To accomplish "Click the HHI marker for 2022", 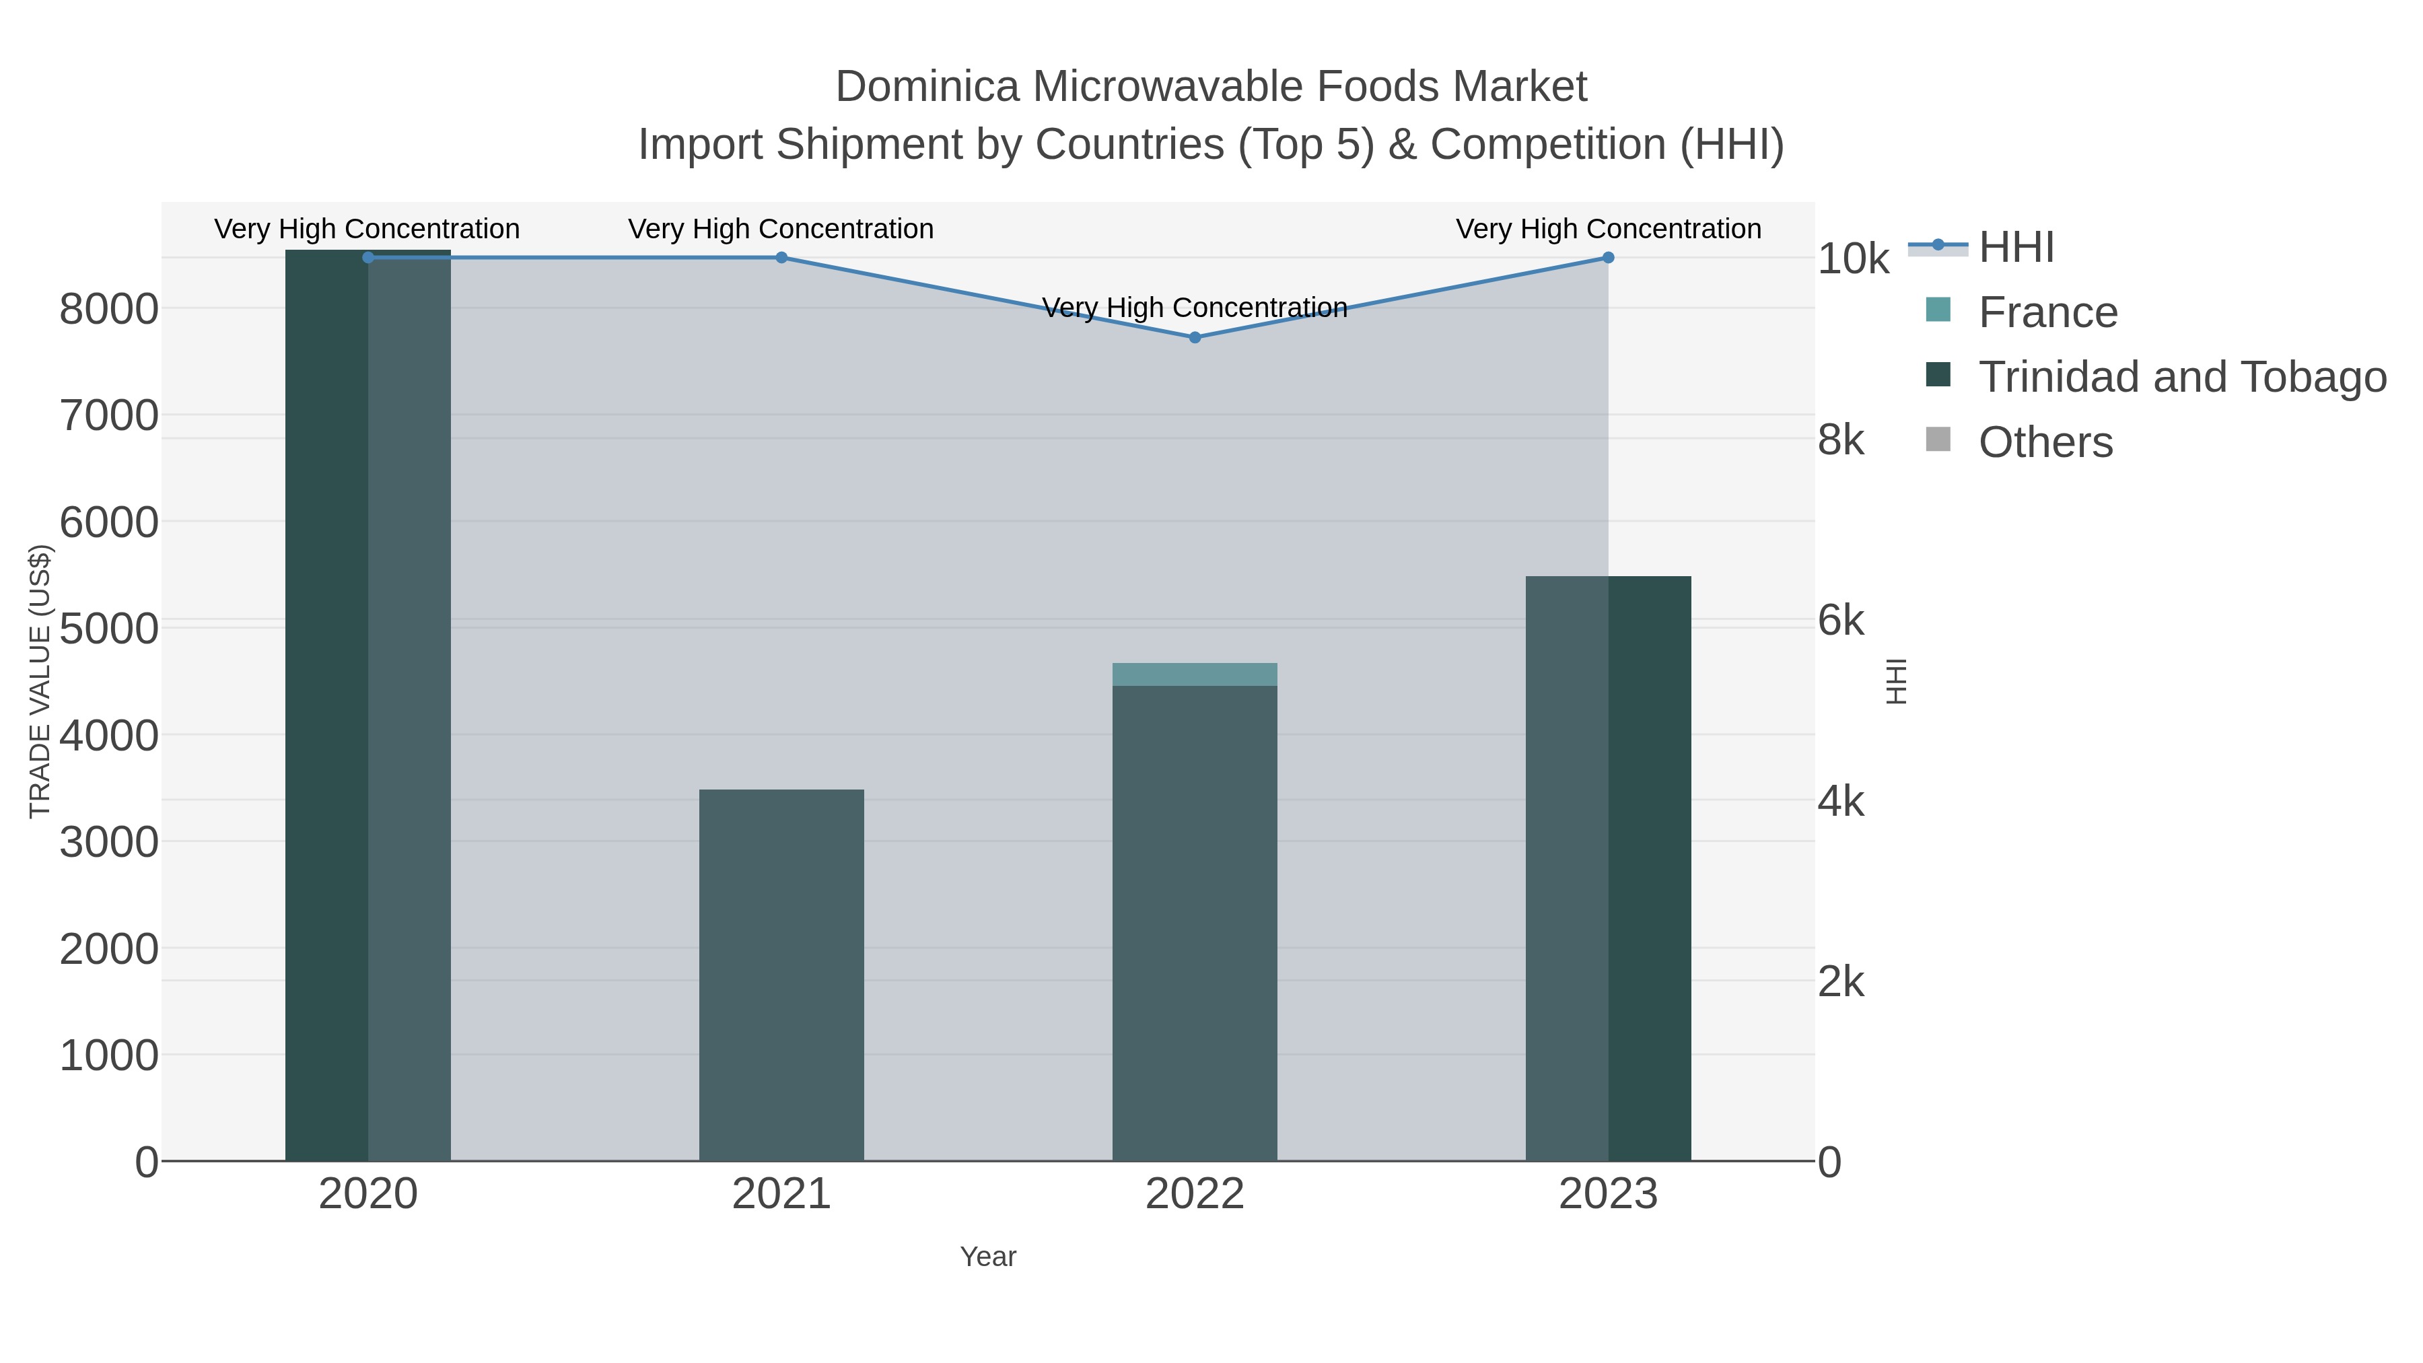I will coord(1195,337).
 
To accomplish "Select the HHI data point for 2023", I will coord(1607,258).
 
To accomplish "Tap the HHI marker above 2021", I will coord(781,258).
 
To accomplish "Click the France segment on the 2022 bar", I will coord(1195,674).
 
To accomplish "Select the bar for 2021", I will coord(781,975).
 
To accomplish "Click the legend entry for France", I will coord(2047,312).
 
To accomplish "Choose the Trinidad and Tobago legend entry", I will coord(2181,377).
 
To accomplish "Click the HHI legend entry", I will coord(2016,248).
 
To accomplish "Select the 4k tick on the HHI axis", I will coord(1840,802).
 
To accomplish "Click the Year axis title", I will coord(987,1257).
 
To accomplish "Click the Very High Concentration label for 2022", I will coord(1195,308).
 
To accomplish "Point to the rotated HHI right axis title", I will coord(1896,681).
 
